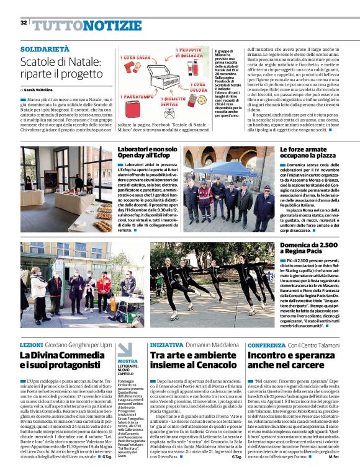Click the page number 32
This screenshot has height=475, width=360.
pyautogui.click(x=24, y=23)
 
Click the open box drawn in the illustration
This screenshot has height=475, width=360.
pyautogui.click(x=164, y=79)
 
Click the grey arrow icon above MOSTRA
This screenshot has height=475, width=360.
pyautogui.click(x=122, y=348)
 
